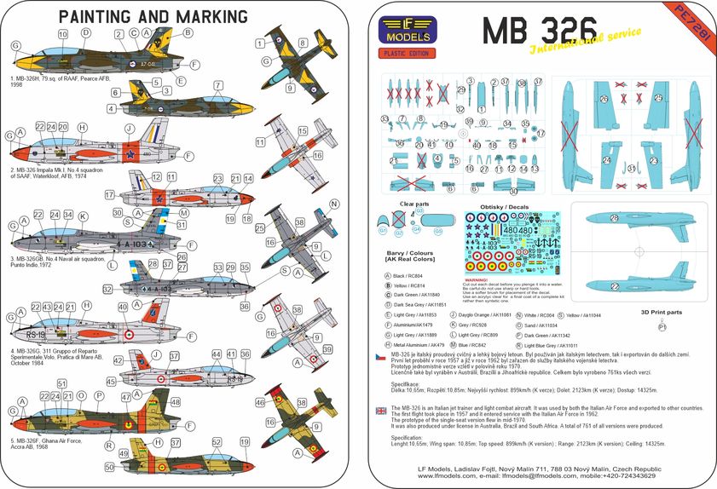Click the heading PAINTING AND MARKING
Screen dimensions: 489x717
[x=153, y=17]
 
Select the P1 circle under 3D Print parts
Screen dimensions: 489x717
[x=662, y=326]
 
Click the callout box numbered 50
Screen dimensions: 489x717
[x=109, y=466]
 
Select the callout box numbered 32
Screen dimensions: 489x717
[x=108, y=290]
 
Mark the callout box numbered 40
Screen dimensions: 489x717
[x=124, y=306]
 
